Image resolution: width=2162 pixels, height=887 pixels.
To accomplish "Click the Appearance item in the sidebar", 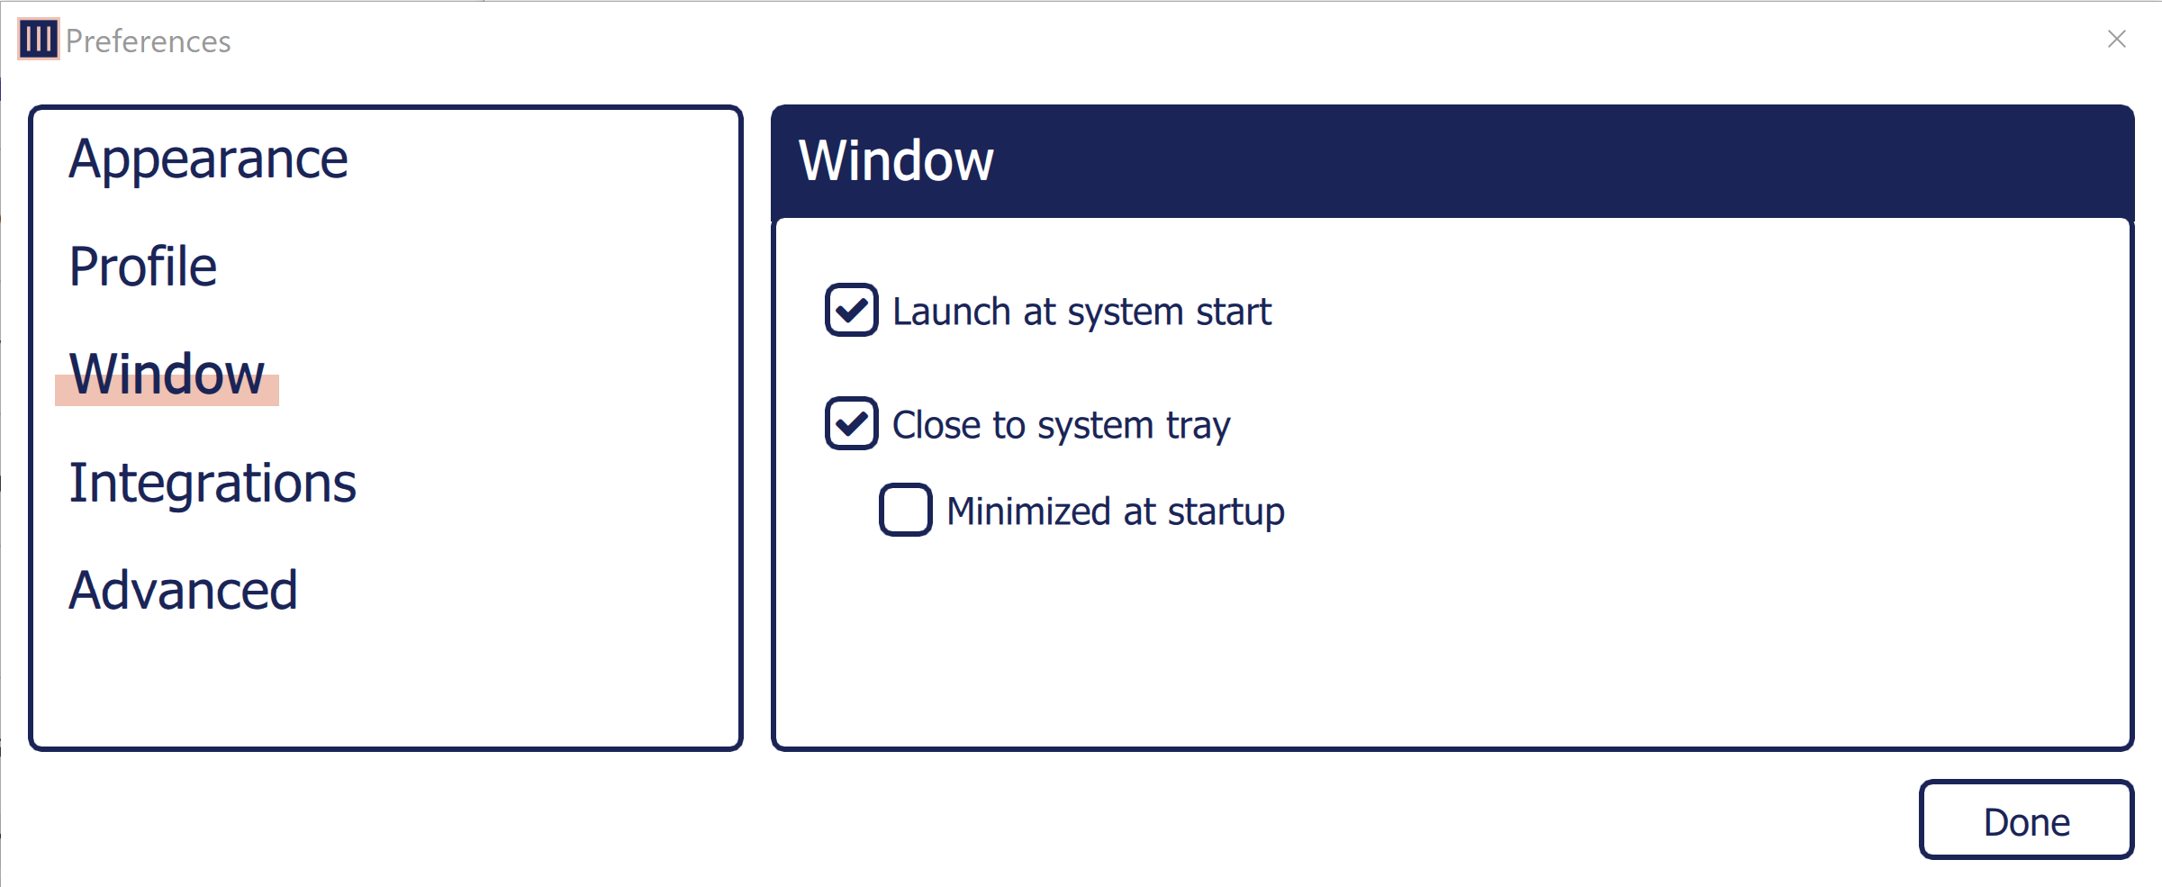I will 208,159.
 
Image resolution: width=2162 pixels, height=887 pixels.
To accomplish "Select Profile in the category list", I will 143,267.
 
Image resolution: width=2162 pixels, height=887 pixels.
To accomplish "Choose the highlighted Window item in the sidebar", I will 167,375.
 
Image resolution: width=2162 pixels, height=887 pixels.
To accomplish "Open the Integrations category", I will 213,483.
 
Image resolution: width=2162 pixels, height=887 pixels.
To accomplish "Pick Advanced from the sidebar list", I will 183,591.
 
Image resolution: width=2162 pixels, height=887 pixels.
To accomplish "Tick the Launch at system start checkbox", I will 851,311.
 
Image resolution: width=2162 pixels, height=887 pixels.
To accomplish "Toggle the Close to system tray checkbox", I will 851,424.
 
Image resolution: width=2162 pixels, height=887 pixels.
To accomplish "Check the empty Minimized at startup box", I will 905,511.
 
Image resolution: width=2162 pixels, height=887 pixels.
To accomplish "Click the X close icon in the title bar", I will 2116,39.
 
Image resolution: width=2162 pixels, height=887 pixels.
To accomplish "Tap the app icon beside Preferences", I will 39,39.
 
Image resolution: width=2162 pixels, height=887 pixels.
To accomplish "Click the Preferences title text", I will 149,41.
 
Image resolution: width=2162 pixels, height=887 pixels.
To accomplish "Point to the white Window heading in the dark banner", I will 896,161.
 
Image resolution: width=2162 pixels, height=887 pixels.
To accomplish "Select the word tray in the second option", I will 1198,426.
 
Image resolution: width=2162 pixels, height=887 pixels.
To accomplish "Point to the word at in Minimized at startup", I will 1139,511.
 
